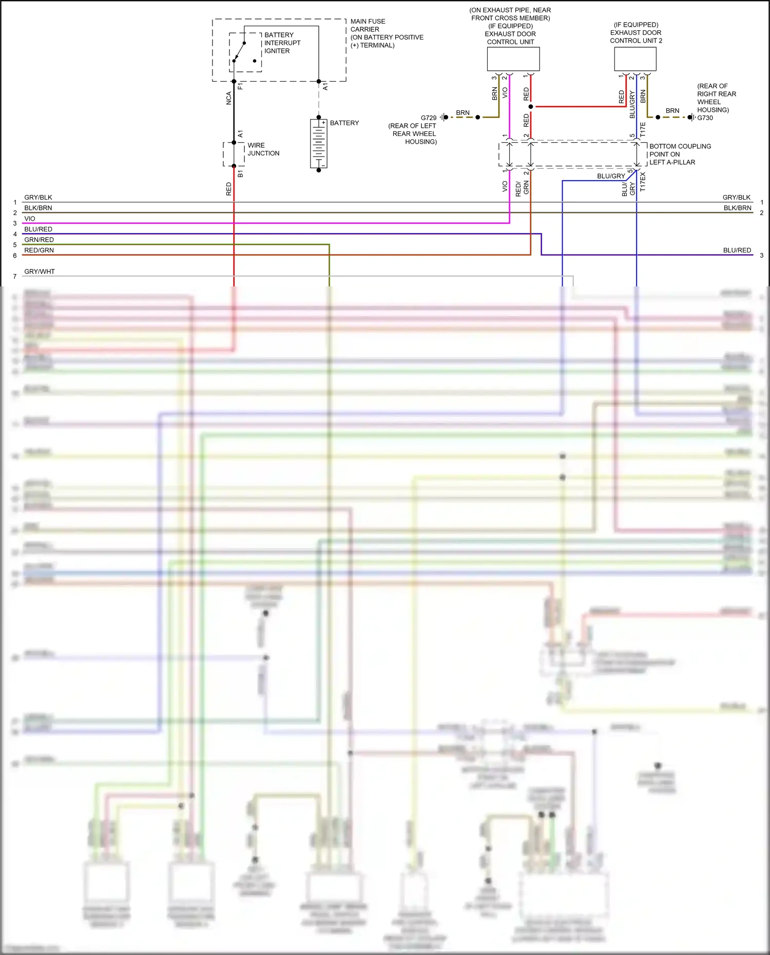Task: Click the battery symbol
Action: click(318, 144)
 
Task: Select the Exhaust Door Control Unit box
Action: click(513, 59)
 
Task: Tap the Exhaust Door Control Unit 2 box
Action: click(635, 59)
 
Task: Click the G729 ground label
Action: click(429, 118)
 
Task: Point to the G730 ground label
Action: click(705, 118)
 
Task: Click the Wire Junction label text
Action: click(263, 149)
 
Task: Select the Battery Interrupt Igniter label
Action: click(282, 43)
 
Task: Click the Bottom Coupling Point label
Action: click(680, 154)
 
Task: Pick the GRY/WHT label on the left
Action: click(40, 271)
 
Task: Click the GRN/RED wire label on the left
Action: click(39, 240)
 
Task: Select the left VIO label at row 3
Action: click(30, 219)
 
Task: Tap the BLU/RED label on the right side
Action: click(737, 250)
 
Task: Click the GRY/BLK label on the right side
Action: click(736, 198)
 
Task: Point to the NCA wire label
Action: click(229, 99)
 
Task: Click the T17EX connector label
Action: click(643, 182)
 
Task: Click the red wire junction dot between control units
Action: click(531, 107)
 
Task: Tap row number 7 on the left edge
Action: click(15, 277)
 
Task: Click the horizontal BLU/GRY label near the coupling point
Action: click(611, 176)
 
